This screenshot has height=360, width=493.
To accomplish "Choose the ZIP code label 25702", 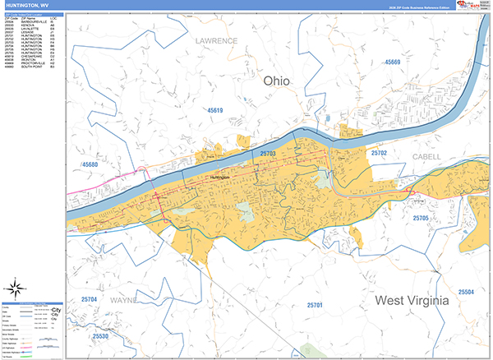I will click(x=379, y=154).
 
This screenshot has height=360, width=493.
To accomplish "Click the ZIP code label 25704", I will click(x=89, y=299).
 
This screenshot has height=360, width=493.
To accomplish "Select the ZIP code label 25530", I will click(x=100, y=336).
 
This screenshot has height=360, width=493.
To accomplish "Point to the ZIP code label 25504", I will click(x=466, y=292).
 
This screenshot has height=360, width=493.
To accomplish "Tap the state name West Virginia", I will click(x=412, y=301).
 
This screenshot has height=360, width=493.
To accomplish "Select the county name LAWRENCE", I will click(x=216, y=40).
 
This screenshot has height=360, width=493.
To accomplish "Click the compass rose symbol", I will click(x=15, y=288).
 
